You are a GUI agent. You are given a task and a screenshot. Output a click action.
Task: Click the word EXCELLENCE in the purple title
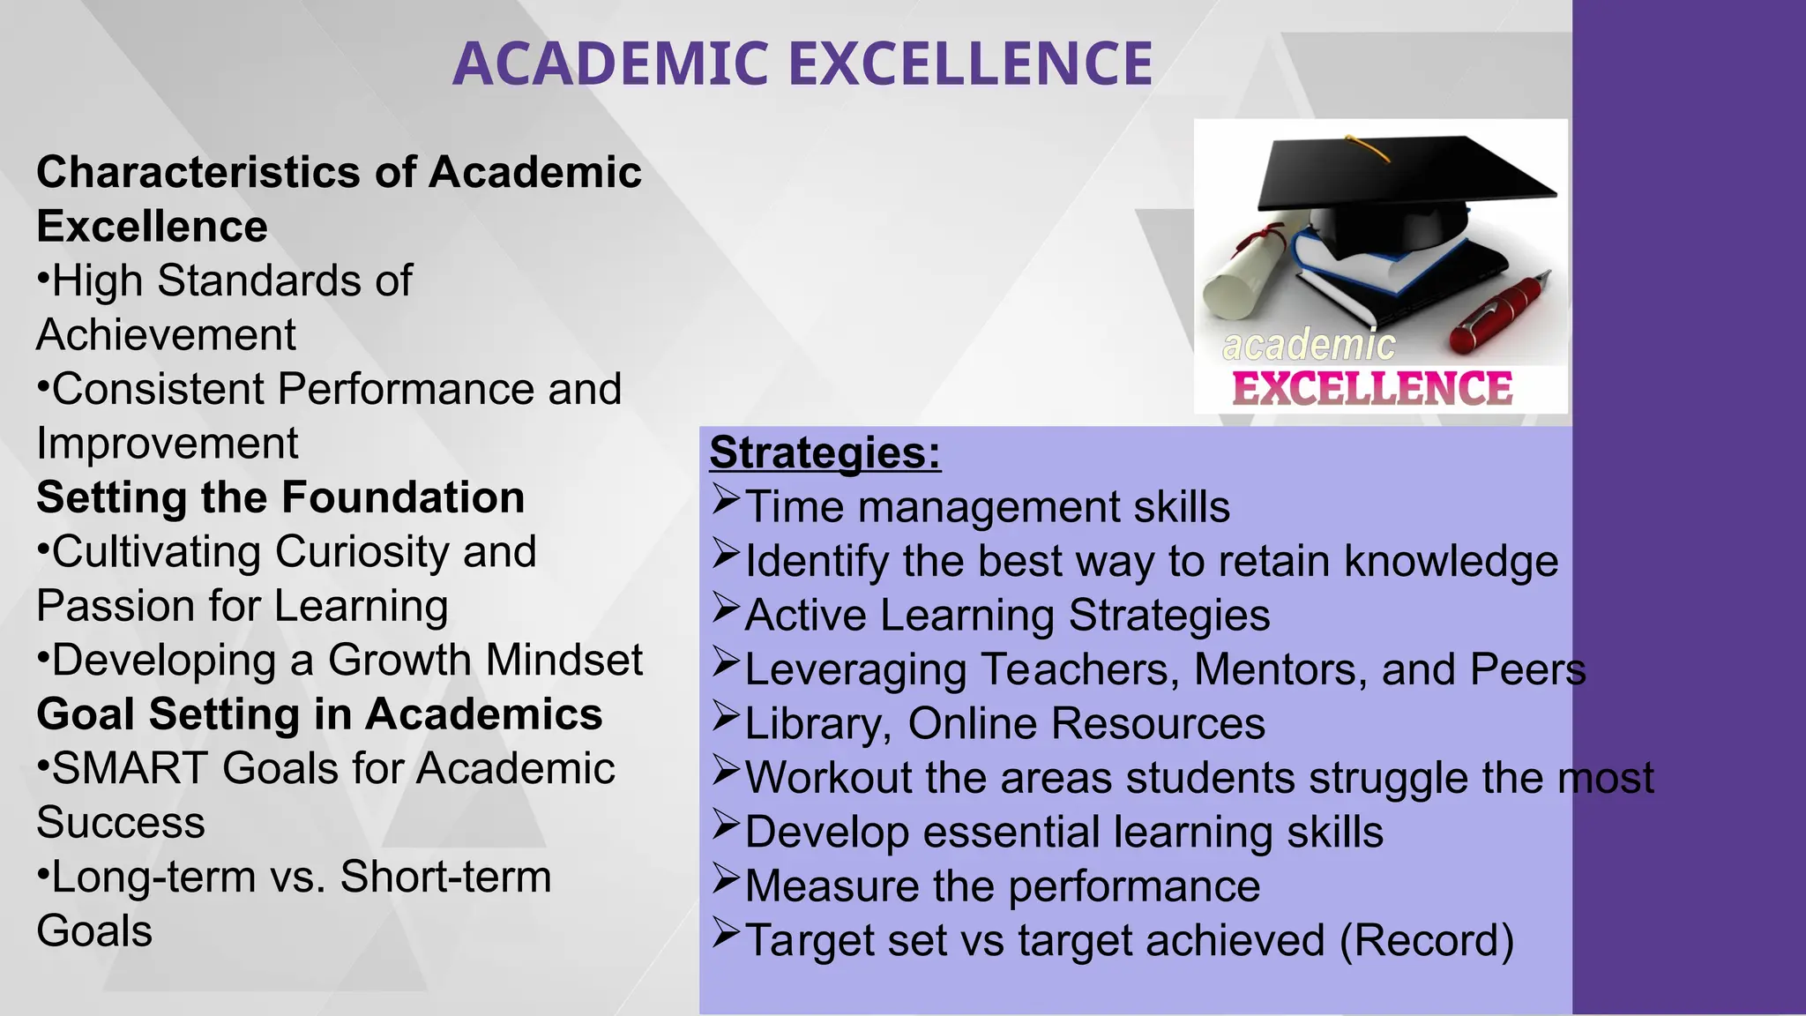pyautogui.click(x=970, y=64)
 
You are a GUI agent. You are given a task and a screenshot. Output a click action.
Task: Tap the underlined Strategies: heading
pyautogui.click(x=825, y=452)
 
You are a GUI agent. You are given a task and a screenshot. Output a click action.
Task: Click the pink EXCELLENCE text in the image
pyautogui.click(x=1372, y=389)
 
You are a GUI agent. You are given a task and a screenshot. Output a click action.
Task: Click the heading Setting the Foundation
pyautogui.click(x=280, y=497)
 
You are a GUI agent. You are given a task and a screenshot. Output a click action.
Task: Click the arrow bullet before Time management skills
pyautogui.click(x=725, y=501)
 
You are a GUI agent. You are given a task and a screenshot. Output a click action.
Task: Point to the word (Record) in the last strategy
pyautogui.click(x=1426, y=940)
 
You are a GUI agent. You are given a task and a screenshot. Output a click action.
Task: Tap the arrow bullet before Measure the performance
pyautogui.click(x=725, y=880)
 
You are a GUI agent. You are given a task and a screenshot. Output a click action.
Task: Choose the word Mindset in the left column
pyautogui.click(x=564, y=661)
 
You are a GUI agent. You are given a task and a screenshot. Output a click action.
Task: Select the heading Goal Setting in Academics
pyautogui.click(x=319, y=714)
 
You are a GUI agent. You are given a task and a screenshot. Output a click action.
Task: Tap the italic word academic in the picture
pyautogui.click(x=1309, y=345)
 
